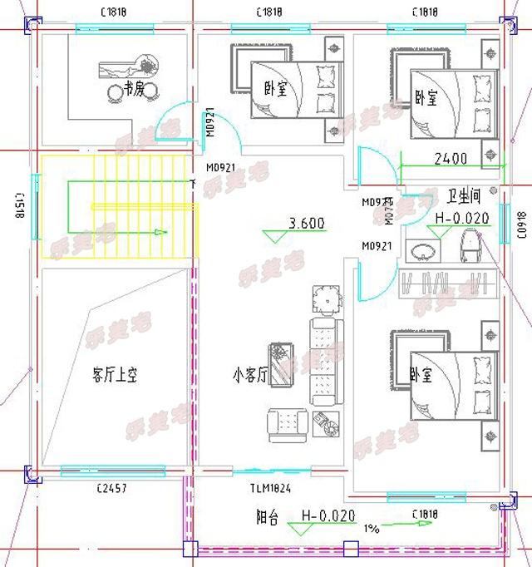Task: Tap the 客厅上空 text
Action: click(114, 375)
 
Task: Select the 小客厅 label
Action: click(249, 375)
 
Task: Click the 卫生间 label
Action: click(464, 197)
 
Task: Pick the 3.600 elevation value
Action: click(306, 223)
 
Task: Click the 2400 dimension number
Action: click(451, 158)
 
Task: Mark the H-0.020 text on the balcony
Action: click(328, 515)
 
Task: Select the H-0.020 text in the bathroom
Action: click(462, 218)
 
